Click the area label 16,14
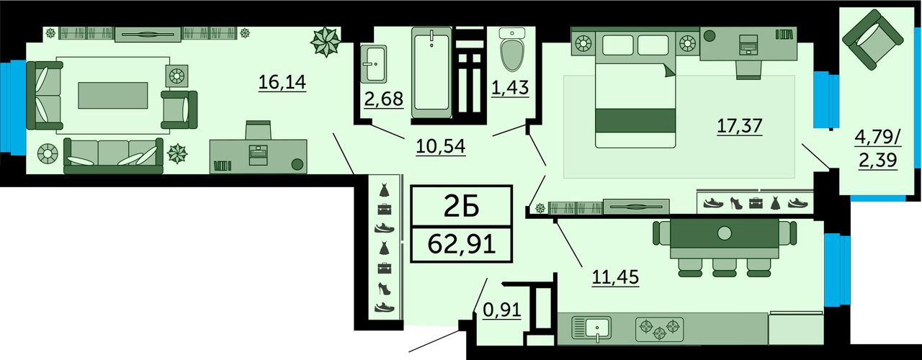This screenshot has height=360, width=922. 282,82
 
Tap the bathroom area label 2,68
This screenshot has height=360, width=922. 384,99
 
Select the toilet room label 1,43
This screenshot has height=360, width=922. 510,88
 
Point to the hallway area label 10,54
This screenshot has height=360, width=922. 440,146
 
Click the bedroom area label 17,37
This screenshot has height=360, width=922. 740,125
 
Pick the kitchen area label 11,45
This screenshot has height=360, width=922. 615,277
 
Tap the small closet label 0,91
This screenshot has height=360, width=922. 502,310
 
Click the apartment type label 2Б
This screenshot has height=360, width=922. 462,206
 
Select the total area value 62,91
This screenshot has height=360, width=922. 462,244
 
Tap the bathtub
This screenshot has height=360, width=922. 431,72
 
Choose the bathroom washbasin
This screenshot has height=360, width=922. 373,64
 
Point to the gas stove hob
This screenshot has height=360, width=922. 659,330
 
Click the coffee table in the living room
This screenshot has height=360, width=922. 113,96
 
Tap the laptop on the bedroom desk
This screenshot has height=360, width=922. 748,45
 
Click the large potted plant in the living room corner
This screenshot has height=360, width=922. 326,42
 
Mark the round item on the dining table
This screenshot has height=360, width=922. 724,233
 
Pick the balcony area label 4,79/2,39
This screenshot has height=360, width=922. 878,148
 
